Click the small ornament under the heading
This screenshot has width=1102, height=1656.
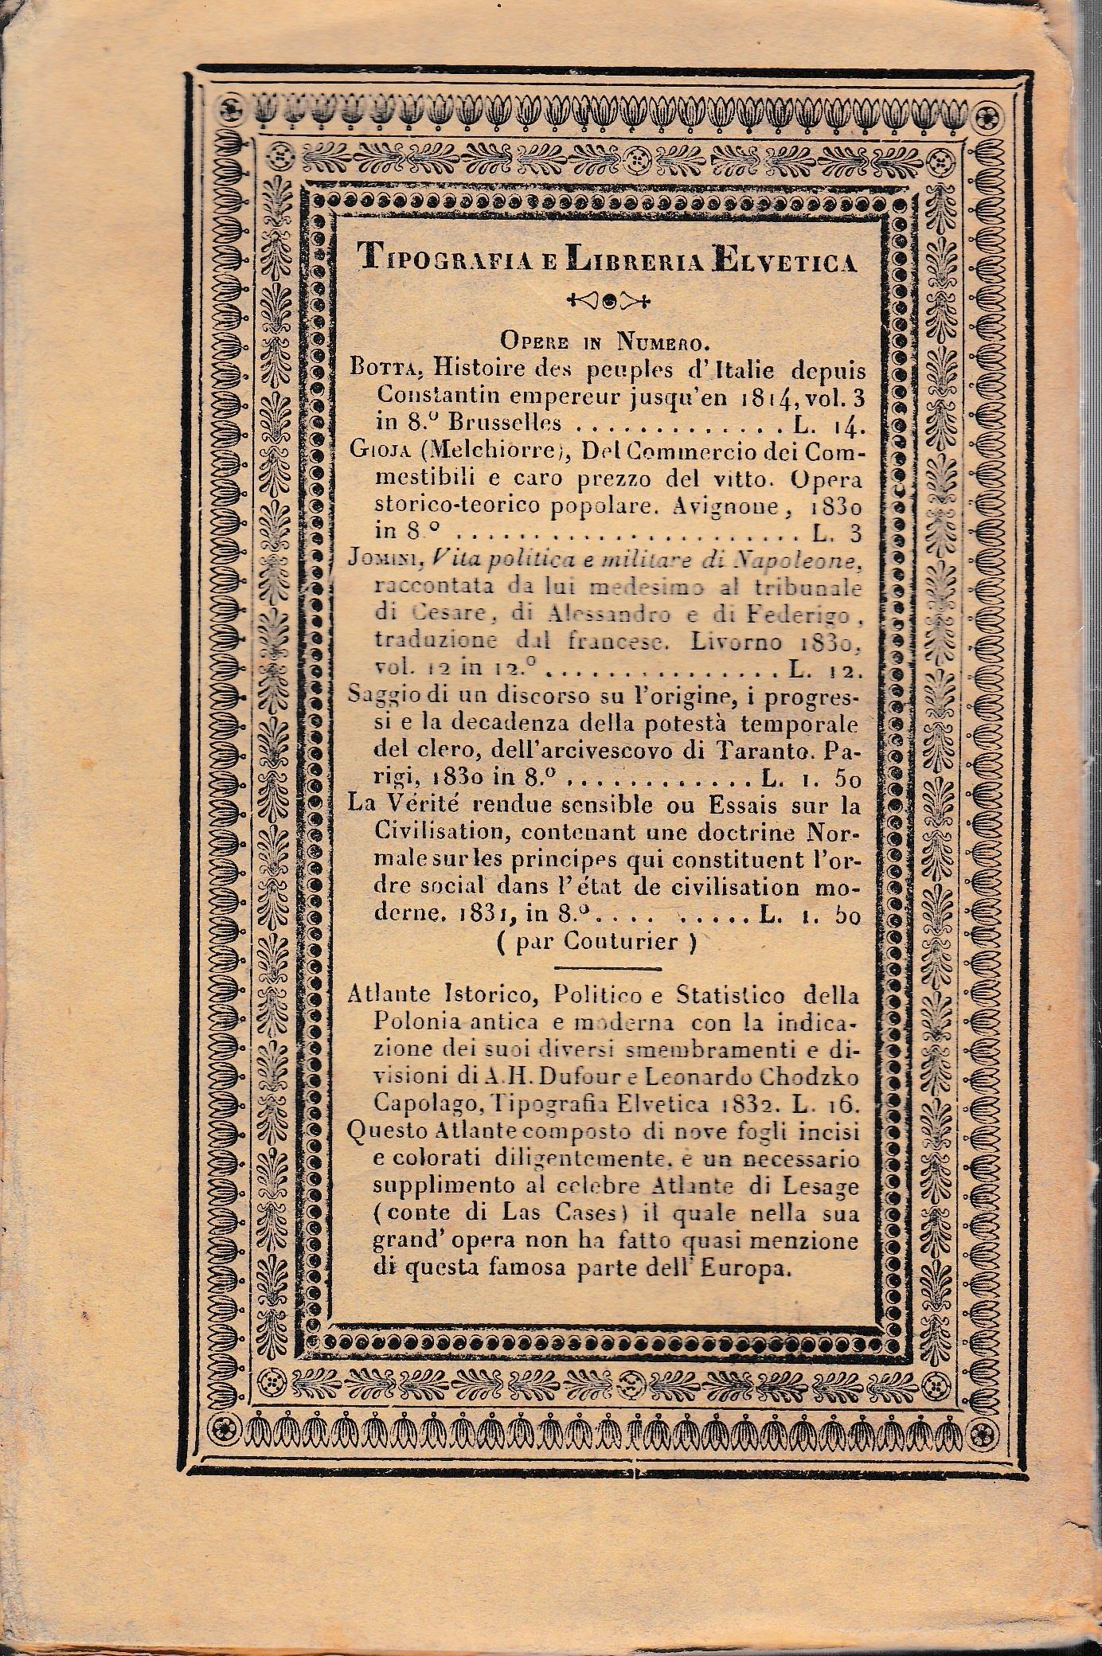[x=607, y=301]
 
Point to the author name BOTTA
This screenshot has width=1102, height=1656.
[x=377, y=372]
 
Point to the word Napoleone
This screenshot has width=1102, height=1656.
[x=797, y=560]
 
